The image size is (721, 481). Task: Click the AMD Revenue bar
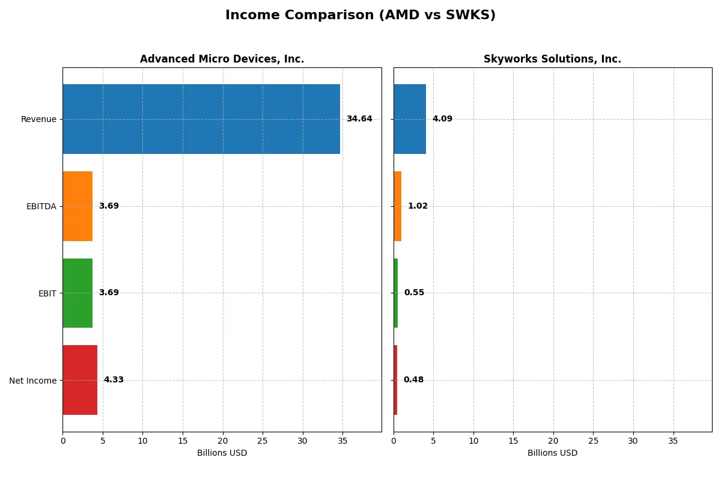point(201,119)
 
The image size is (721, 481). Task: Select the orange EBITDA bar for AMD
point(78,206)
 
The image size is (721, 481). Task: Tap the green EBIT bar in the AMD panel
point(78,293)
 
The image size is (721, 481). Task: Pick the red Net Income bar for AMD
point(80,380)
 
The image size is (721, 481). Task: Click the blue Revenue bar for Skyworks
point(410,119)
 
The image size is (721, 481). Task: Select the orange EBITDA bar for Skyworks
point(398,206)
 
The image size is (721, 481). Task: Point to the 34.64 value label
point(359,119)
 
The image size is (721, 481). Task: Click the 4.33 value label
point(114,380)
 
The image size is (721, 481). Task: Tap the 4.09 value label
point(442,119)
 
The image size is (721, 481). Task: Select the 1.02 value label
point(418,206)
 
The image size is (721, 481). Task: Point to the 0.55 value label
point(414,293)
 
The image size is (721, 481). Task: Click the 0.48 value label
point(413,380)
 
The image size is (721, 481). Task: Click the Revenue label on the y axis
point(38,119)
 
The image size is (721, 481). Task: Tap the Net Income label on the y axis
point(32,381)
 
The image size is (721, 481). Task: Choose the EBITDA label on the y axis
point(41,206)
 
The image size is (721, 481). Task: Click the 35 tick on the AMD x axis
point(342,441)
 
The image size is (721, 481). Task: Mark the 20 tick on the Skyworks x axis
point(553,441)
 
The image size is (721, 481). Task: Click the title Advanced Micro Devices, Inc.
point(222,59)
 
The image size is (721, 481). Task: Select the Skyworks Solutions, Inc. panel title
point(552,59)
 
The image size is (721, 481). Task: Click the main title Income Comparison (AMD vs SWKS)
point(360,16)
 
